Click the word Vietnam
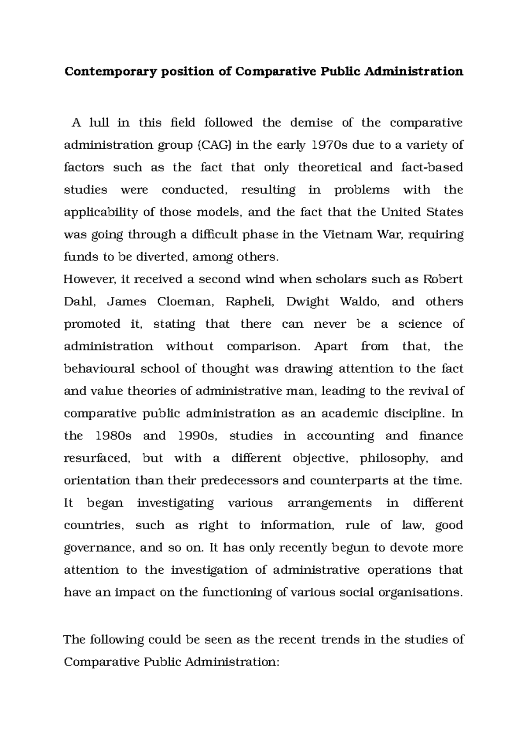click(x=348, y=234)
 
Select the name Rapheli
click(x=249, y=302)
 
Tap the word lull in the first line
click(x=99, y=123)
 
